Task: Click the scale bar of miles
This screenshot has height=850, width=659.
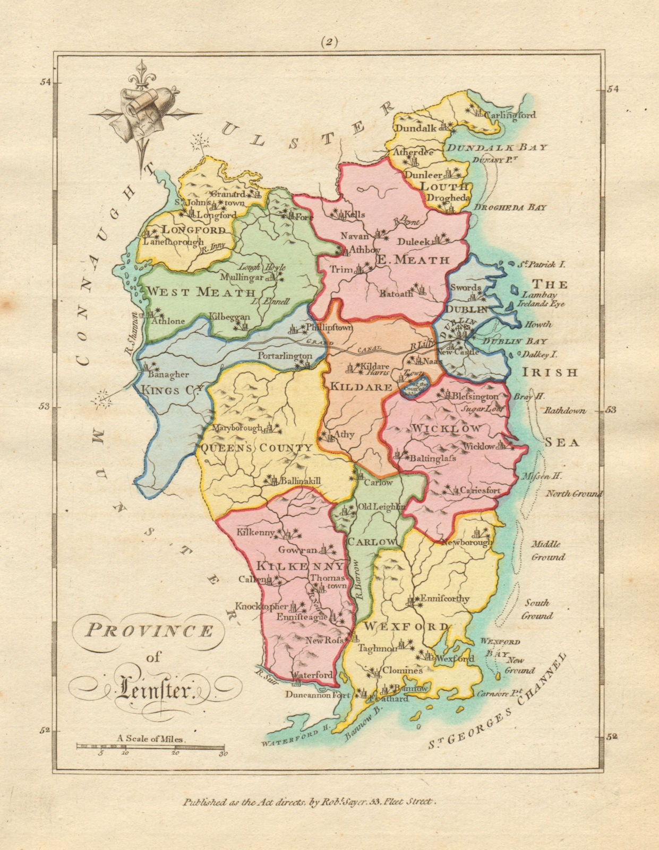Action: click(x=152, y=746)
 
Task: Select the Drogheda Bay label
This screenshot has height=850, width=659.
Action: click(x=510, y=208)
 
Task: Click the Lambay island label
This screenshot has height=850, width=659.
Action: click(x=534, y=295)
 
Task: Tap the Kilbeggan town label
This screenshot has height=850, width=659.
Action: click(x=229, y=317)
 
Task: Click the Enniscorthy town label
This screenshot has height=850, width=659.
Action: click(x=444, y=599)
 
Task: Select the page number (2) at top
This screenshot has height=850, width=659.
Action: click(x=329, y=42)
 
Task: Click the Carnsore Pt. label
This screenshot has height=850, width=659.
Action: click(x=500, y=694)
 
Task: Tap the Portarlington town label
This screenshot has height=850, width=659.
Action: click(x=285, y=355)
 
